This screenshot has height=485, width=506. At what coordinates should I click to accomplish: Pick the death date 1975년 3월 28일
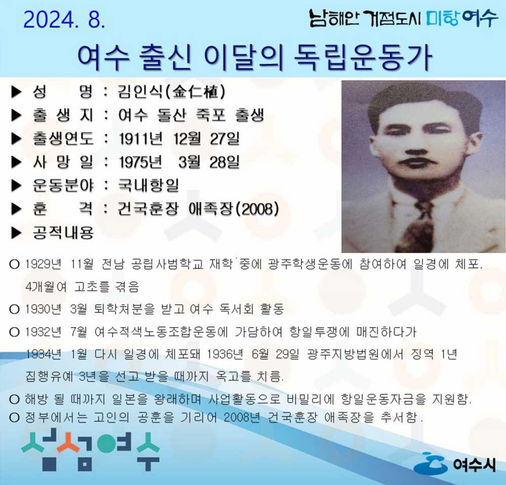point(179,163)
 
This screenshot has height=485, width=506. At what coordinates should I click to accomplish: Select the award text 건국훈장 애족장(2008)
point(198,209)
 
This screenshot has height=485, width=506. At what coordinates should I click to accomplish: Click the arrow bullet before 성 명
point(17,93)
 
